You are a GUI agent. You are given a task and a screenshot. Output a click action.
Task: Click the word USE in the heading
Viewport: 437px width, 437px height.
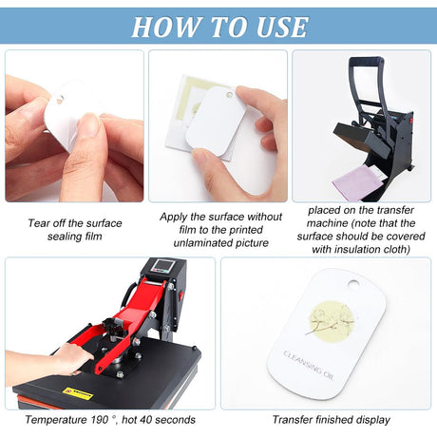[x=282, y=27]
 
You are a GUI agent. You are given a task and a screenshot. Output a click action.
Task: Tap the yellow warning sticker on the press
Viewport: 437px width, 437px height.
[x=78, y=393]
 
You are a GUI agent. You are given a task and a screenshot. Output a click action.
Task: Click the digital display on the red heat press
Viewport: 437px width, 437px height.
[x=161, y=265]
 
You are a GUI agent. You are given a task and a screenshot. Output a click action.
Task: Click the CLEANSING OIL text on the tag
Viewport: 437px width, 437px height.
[x=308, y=365]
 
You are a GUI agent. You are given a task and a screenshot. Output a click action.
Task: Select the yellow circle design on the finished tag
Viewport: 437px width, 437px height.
[x=332, y=321]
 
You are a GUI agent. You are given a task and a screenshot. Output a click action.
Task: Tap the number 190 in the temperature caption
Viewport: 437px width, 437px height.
[x=99, y=420]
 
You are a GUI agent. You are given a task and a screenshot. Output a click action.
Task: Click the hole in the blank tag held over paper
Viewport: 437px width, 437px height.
[x=229, y=94]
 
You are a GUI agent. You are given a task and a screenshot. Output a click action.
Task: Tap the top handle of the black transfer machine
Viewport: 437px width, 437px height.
[x=366, y=61]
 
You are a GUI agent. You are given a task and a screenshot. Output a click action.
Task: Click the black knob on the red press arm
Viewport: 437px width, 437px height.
[x=111, y=324]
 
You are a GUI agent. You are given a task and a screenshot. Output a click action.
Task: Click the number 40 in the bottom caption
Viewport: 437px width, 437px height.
[x=145, y=420]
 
